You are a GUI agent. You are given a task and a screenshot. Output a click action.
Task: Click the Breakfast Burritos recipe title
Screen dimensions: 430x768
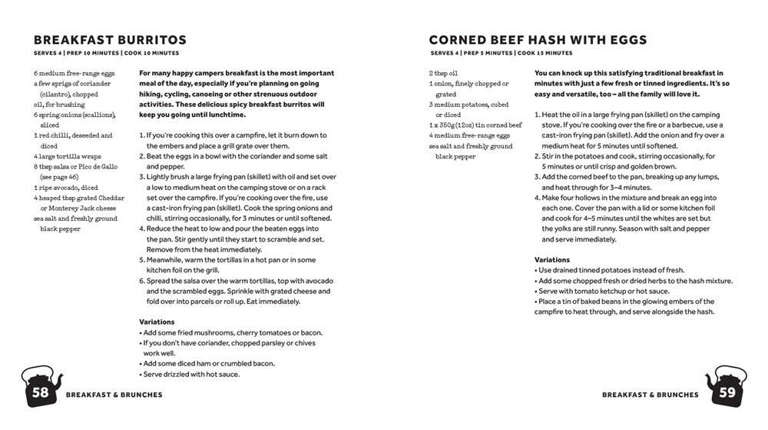pos(110,40)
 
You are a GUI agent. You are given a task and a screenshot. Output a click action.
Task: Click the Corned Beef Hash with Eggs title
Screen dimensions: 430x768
pos(538,40)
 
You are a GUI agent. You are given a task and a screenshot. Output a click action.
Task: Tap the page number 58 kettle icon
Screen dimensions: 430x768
pos(40,388)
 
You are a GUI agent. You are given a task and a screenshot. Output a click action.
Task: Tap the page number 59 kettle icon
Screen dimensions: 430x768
pos(726,388)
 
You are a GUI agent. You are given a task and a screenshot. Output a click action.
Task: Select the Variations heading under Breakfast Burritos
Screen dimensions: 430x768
pos(157,322)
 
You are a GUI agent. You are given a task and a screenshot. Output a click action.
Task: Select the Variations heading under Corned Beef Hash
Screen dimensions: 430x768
pos(552,260)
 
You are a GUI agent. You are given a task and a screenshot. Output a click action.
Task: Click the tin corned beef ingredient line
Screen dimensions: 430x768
pos(475,125)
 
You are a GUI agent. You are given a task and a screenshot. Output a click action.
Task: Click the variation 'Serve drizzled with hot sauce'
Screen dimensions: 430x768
pos(190,374)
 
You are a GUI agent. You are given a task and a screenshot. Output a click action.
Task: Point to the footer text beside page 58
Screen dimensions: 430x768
pos(114,395)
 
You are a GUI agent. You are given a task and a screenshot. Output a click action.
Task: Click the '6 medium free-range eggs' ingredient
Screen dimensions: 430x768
pos(73,73)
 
